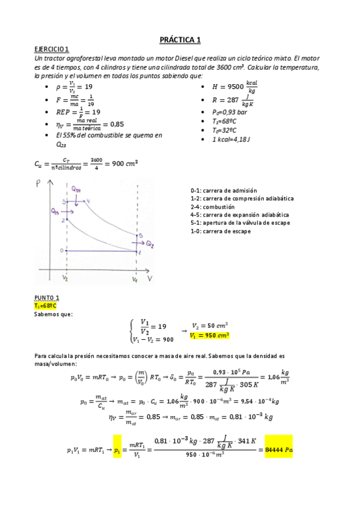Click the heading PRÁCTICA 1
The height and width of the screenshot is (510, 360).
[x=180, y=40]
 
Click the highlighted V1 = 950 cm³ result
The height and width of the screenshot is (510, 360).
[x=210, y=336]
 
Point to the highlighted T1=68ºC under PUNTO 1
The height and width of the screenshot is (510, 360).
[x=47, y=306]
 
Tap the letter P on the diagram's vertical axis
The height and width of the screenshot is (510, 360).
[x=38, y=182]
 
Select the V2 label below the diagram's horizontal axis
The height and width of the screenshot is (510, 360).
[x=65, y=280]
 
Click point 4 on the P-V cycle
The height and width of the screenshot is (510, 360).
[x=88, y=200]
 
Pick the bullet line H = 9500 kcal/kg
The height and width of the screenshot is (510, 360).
[x=236, y=88]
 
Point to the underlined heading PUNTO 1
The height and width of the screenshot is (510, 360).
[x=47, y=298]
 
